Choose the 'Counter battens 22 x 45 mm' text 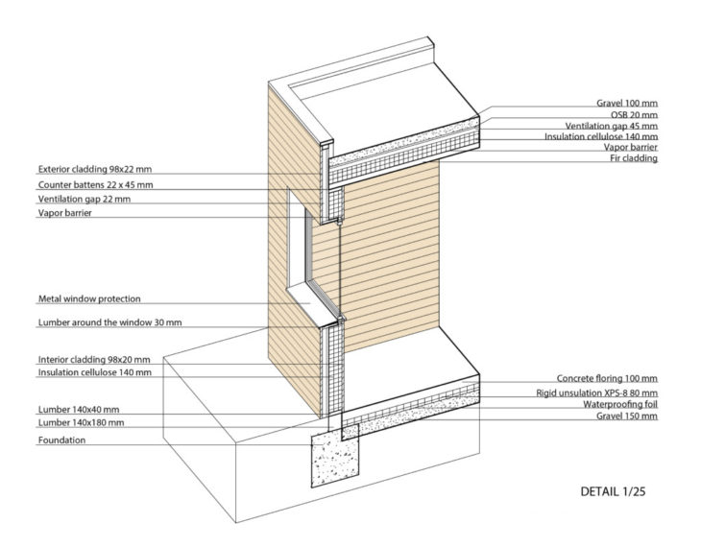pyautogui.click(x=95, y=184)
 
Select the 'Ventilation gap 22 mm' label pyautogui.click(x=85, y=199)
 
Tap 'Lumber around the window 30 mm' pyautogui.click(x=108, y=322)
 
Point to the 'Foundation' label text pyautogui.click(x=62, y=440)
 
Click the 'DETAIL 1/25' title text pyautogui.click(x=618, y=491)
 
